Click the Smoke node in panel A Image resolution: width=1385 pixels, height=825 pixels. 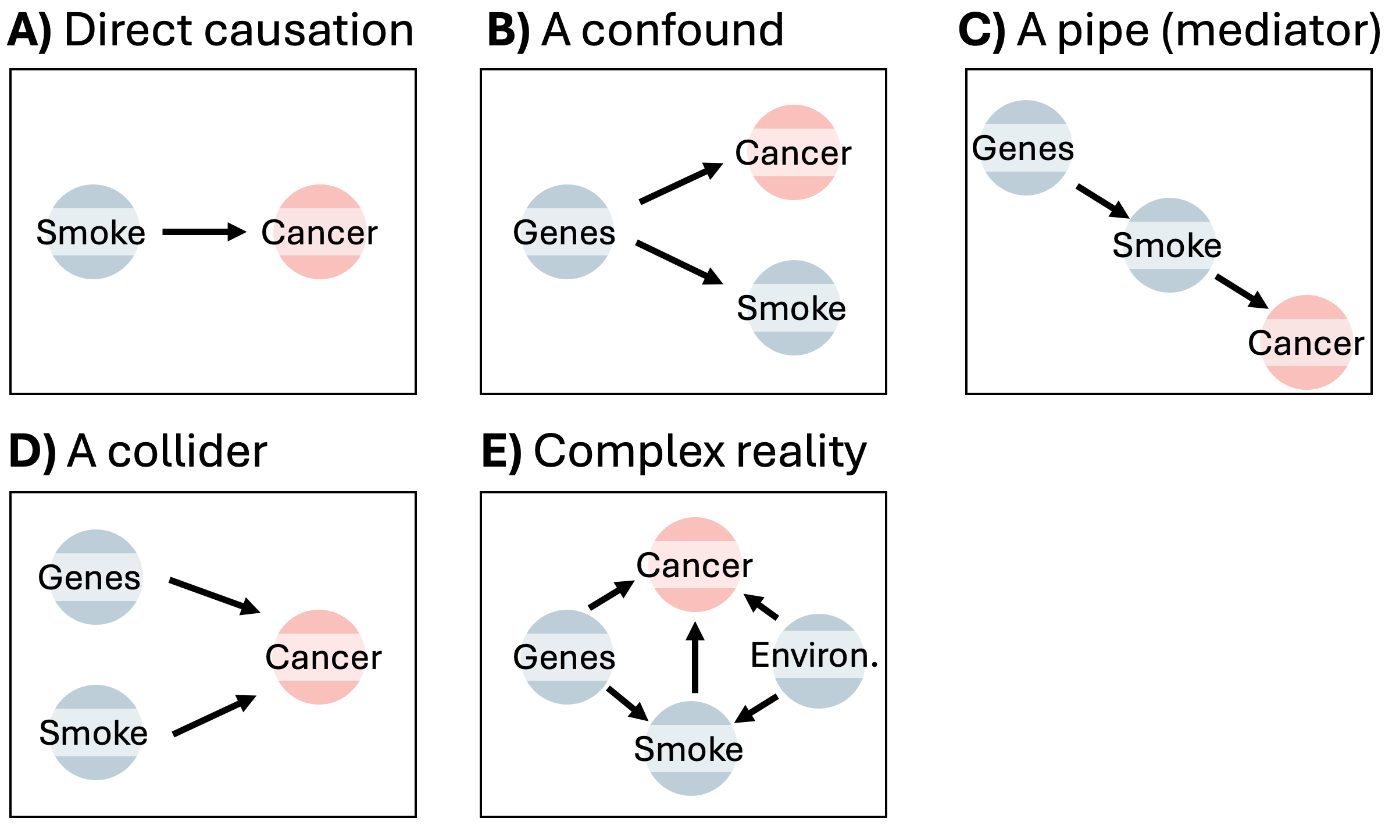point(93,232)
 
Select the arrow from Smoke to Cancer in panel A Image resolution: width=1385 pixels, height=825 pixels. point(204,232)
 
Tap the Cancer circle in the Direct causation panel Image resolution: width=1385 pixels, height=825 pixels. point(320,232)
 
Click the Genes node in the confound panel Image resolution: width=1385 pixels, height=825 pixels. point(566,232)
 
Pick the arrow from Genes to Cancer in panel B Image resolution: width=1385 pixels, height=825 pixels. point(680,183)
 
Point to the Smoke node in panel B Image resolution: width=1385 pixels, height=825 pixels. point(793,307)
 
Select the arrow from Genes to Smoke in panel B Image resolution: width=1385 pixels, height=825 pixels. point(679,262)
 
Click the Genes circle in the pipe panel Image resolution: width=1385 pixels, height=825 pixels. point(1026,148)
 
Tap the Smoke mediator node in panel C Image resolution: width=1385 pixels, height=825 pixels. point(1169,245)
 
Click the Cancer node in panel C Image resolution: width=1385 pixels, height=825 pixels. point(1307,342)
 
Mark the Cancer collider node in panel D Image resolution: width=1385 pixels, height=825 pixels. point(320,656)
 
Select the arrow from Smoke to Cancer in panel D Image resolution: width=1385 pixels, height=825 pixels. point(214,716)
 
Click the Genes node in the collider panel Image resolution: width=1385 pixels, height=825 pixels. point(95,577)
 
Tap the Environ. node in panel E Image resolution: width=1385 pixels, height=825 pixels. point(818,660)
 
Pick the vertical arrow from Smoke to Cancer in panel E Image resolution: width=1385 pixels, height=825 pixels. point(695,657)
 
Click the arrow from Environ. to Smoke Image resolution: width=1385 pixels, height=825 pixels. point(756,709)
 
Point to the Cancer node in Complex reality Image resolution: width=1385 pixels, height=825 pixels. point(695,564)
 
